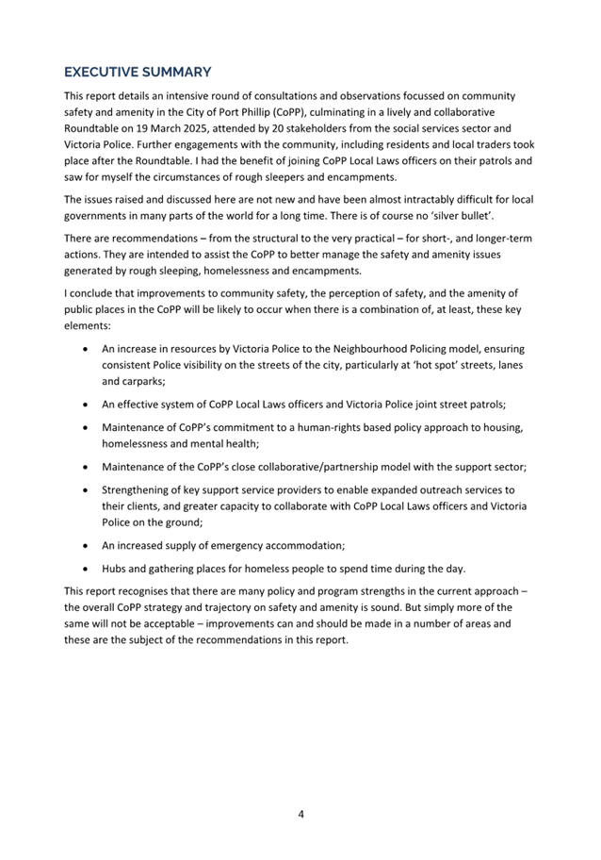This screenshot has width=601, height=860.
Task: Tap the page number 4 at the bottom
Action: point(300,814)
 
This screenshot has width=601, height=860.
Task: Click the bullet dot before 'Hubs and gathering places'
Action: point(87,569)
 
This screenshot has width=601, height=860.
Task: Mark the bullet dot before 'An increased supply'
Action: point(87,545)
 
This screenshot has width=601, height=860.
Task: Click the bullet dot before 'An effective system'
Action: point(87,405)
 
